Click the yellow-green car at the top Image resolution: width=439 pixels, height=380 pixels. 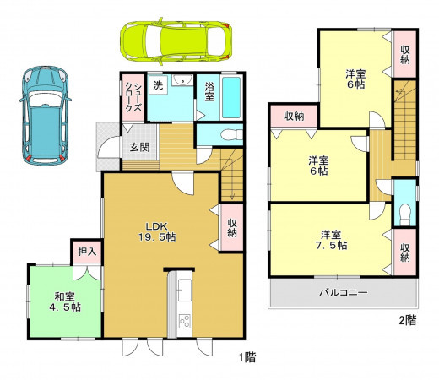[x=176, y=41]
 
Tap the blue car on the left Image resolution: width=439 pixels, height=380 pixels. [x=45, y=116]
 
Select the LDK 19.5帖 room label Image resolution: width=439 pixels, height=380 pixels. [x=157, y=231]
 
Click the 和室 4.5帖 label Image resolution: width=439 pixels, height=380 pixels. [x=65, y=301]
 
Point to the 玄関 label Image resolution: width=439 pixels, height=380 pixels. [x=139, y=147]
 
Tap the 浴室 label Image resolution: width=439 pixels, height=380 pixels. [x=209, y=91]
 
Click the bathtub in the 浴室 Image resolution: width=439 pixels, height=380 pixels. [x=231, y=97]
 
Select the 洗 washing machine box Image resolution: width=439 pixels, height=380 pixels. [x=158, y=85]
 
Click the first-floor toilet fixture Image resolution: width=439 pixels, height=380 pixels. [x=231, y=135]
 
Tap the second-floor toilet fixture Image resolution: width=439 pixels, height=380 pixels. [x=404, y=212]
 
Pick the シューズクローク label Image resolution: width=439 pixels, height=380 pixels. [x=133, y=97]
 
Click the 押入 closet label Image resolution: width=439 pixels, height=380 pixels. [x=87, y=252]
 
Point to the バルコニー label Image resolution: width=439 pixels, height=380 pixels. [x=344, y=293]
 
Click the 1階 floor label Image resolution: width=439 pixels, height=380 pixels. [x=247, y=357]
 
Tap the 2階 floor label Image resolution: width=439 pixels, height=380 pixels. [x=407, y=320]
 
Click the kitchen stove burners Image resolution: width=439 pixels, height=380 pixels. [x=185, y=321]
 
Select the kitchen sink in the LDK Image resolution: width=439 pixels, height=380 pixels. [x=185, y=290]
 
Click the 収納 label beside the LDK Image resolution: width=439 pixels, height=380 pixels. [x=232, y=228]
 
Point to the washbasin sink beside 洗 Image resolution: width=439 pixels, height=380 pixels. [x=182, y=80]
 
